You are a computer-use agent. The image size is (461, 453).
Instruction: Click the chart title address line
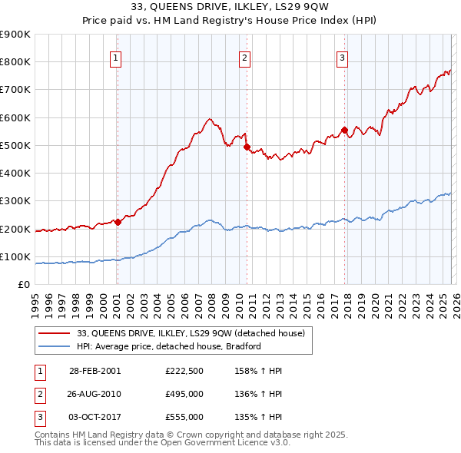click(230, 7)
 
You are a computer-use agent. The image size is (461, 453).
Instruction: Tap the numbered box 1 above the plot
click(115, 57)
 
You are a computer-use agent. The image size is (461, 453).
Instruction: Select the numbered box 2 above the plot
click(244, 57)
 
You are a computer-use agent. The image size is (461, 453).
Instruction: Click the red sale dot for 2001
click(118, 223)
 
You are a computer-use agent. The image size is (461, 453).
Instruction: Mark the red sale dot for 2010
click(247, 147)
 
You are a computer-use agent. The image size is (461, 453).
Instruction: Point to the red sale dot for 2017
click(344, 130)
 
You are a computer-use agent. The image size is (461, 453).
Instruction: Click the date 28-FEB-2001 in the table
click(95, 370)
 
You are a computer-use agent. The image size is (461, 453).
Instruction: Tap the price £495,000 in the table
click(184, 394)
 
